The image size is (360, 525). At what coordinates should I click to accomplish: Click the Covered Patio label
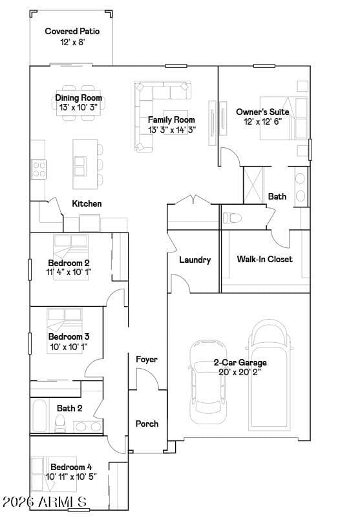72,31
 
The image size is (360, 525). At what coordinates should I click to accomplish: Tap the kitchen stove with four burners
39,169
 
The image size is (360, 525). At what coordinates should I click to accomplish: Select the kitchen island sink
79,166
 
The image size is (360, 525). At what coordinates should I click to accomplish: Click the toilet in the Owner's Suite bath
232,218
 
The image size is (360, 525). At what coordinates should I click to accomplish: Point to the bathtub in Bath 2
39,415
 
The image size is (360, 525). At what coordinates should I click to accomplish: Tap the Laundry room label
195,260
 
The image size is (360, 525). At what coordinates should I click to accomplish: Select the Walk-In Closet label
264,259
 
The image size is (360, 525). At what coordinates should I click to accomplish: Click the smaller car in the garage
208,382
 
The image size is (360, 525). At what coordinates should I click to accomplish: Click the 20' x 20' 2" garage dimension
240,372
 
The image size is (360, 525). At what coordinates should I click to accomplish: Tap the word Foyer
147,360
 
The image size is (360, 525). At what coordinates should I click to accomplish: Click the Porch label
147,424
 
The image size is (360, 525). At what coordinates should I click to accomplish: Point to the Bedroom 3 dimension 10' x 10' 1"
69,347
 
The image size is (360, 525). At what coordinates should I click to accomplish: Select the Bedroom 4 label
71,467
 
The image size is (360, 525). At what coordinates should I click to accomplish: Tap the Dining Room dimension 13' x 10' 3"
78,107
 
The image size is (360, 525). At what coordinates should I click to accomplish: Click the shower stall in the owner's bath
253,185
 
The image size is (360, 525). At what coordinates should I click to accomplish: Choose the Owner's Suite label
262,112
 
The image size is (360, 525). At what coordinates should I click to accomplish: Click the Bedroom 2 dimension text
69,272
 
